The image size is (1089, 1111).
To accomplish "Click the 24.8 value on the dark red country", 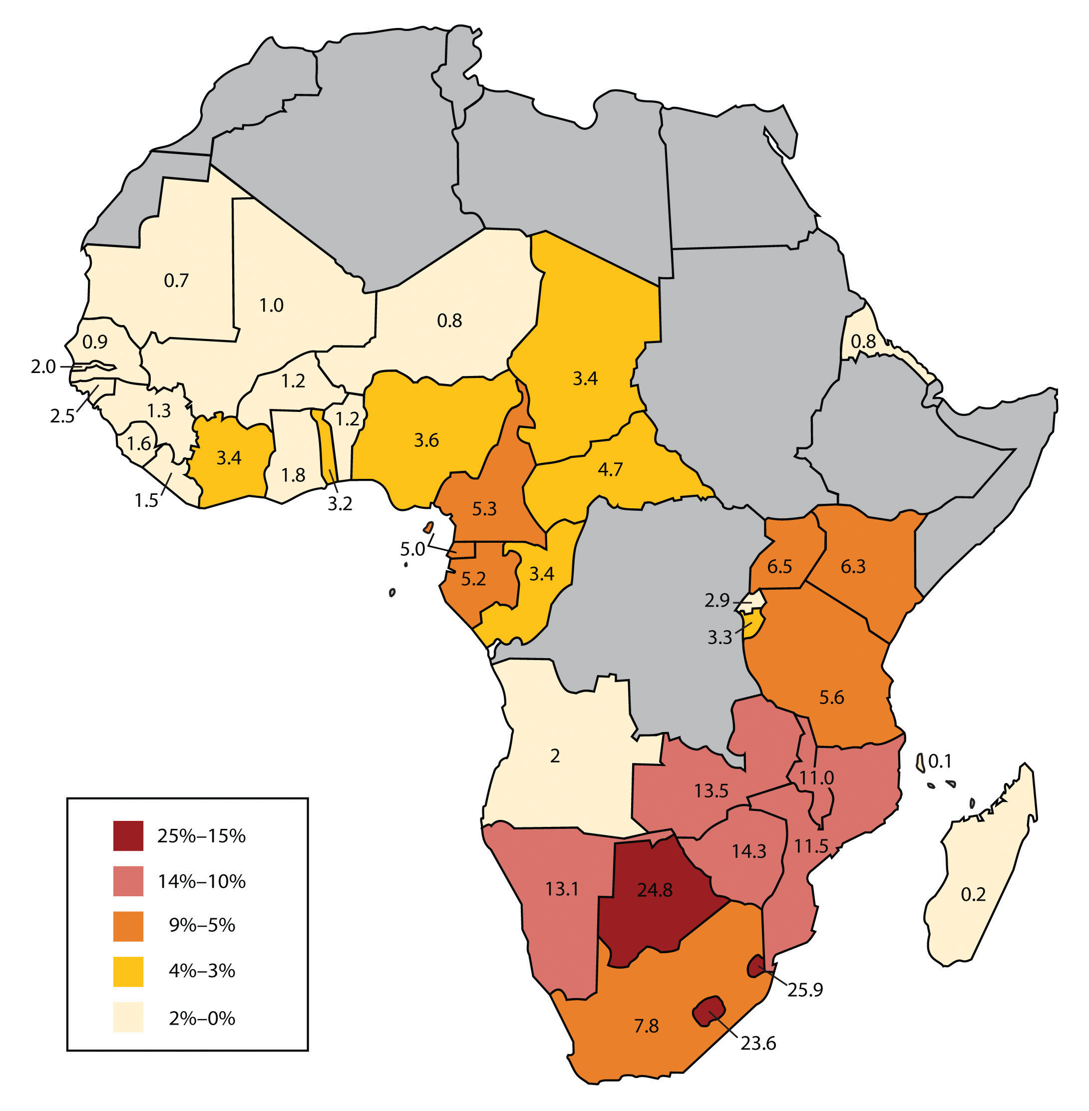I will (x=655, y=890).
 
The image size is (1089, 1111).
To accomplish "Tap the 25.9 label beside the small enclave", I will (x=805, y=989).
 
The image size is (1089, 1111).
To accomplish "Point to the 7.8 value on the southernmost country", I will (x=646, y=1026).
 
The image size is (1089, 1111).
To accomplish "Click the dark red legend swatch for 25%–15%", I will (x=128, y=836).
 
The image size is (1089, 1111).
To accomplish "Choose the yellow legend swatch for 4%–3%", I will (x=128, y=971).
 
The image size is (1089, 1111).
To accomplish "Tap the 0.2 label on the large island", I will (x=973, y=894).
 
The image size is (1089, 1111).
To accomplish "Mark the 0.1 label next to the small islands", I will (x=940, y=761).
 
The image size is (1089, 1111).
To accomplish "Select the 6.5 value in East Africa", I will (x=779, y=566).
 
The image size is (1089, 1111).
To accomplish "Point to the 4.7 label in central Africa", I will (x=610, y=469).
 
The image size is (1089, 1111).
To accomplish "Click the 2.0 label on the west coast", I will (x=43, y=366).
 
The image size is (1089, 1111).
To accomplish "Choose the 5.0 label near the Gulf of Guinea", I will (x=412, y=549).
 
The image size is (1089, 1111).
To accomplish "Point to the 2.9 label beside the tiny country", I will (x=717, y=600).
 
